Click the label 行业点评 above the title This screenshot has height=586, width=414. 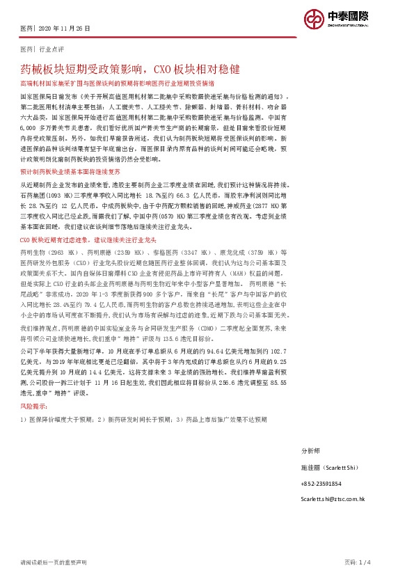(51, 51)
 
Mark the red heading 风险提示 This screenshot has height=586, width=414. (35, 404)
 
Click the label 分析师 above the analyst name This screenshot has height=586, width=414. (310, 451)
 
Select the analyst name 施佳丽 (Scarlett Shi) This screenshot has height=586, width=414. (328, 467)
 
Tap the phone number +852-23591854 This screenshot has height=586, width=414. (321, 483)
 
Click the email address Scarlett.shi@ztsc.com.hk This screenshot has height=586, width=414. (333, 499)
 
